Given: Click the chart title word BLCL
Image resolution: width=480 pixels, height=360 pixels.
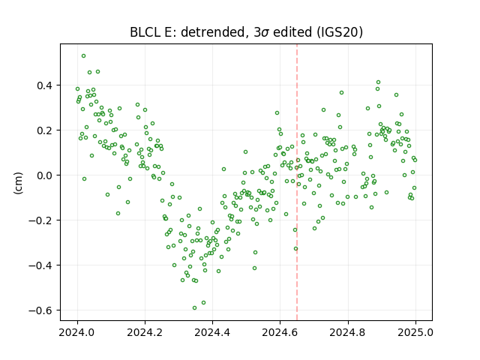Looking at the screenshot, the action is click(145, 32).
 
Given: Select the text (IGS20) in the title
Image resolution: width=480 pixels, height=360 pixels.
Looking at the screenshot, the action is click(340, 32).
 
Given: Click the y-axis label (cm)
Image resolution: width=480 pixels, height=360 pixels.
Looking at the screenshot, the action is click(18, 183).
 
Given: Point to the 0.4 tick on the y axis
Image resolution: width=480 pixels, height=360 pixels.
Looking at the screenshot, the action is click(45, 85).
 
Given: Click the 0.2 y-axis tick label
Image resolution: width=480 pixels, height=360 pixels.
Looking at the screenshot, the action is click(45, 130).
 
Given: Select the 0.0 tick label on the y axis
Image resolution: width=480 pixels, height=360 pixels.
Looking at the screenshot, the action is click(45, 175).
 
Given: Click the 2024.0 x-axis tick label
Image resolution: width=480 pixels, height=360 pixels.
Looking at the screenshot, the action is click(77, 332).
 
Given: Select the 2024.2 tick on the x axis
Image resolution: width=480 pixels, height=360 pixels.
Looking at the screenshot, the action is click(145, 332).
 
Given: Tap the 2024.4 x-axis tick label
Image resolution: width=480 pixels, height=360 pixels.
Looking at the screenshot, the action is click(212, 332).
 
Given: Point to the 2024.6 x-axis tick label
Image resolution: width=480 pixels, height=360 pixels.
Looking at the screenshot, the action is click(280, 332).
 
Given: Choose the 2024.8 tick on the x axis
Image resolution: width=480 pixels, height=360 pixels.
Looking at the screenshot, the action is click(348, 332).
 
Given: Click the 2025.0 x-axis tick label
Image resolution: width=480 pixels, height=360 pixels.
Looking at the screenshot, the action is click(415, 332).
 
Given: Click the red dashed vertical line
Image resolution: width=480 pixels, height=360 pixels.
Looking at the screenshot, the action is click(297, 182).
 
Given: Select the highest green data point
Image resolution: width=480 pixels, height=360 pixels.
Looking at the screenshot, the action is click(83, 56).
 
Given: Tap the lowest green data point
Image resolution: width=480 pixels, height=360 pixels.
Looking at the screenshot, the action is click(194, 308).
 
